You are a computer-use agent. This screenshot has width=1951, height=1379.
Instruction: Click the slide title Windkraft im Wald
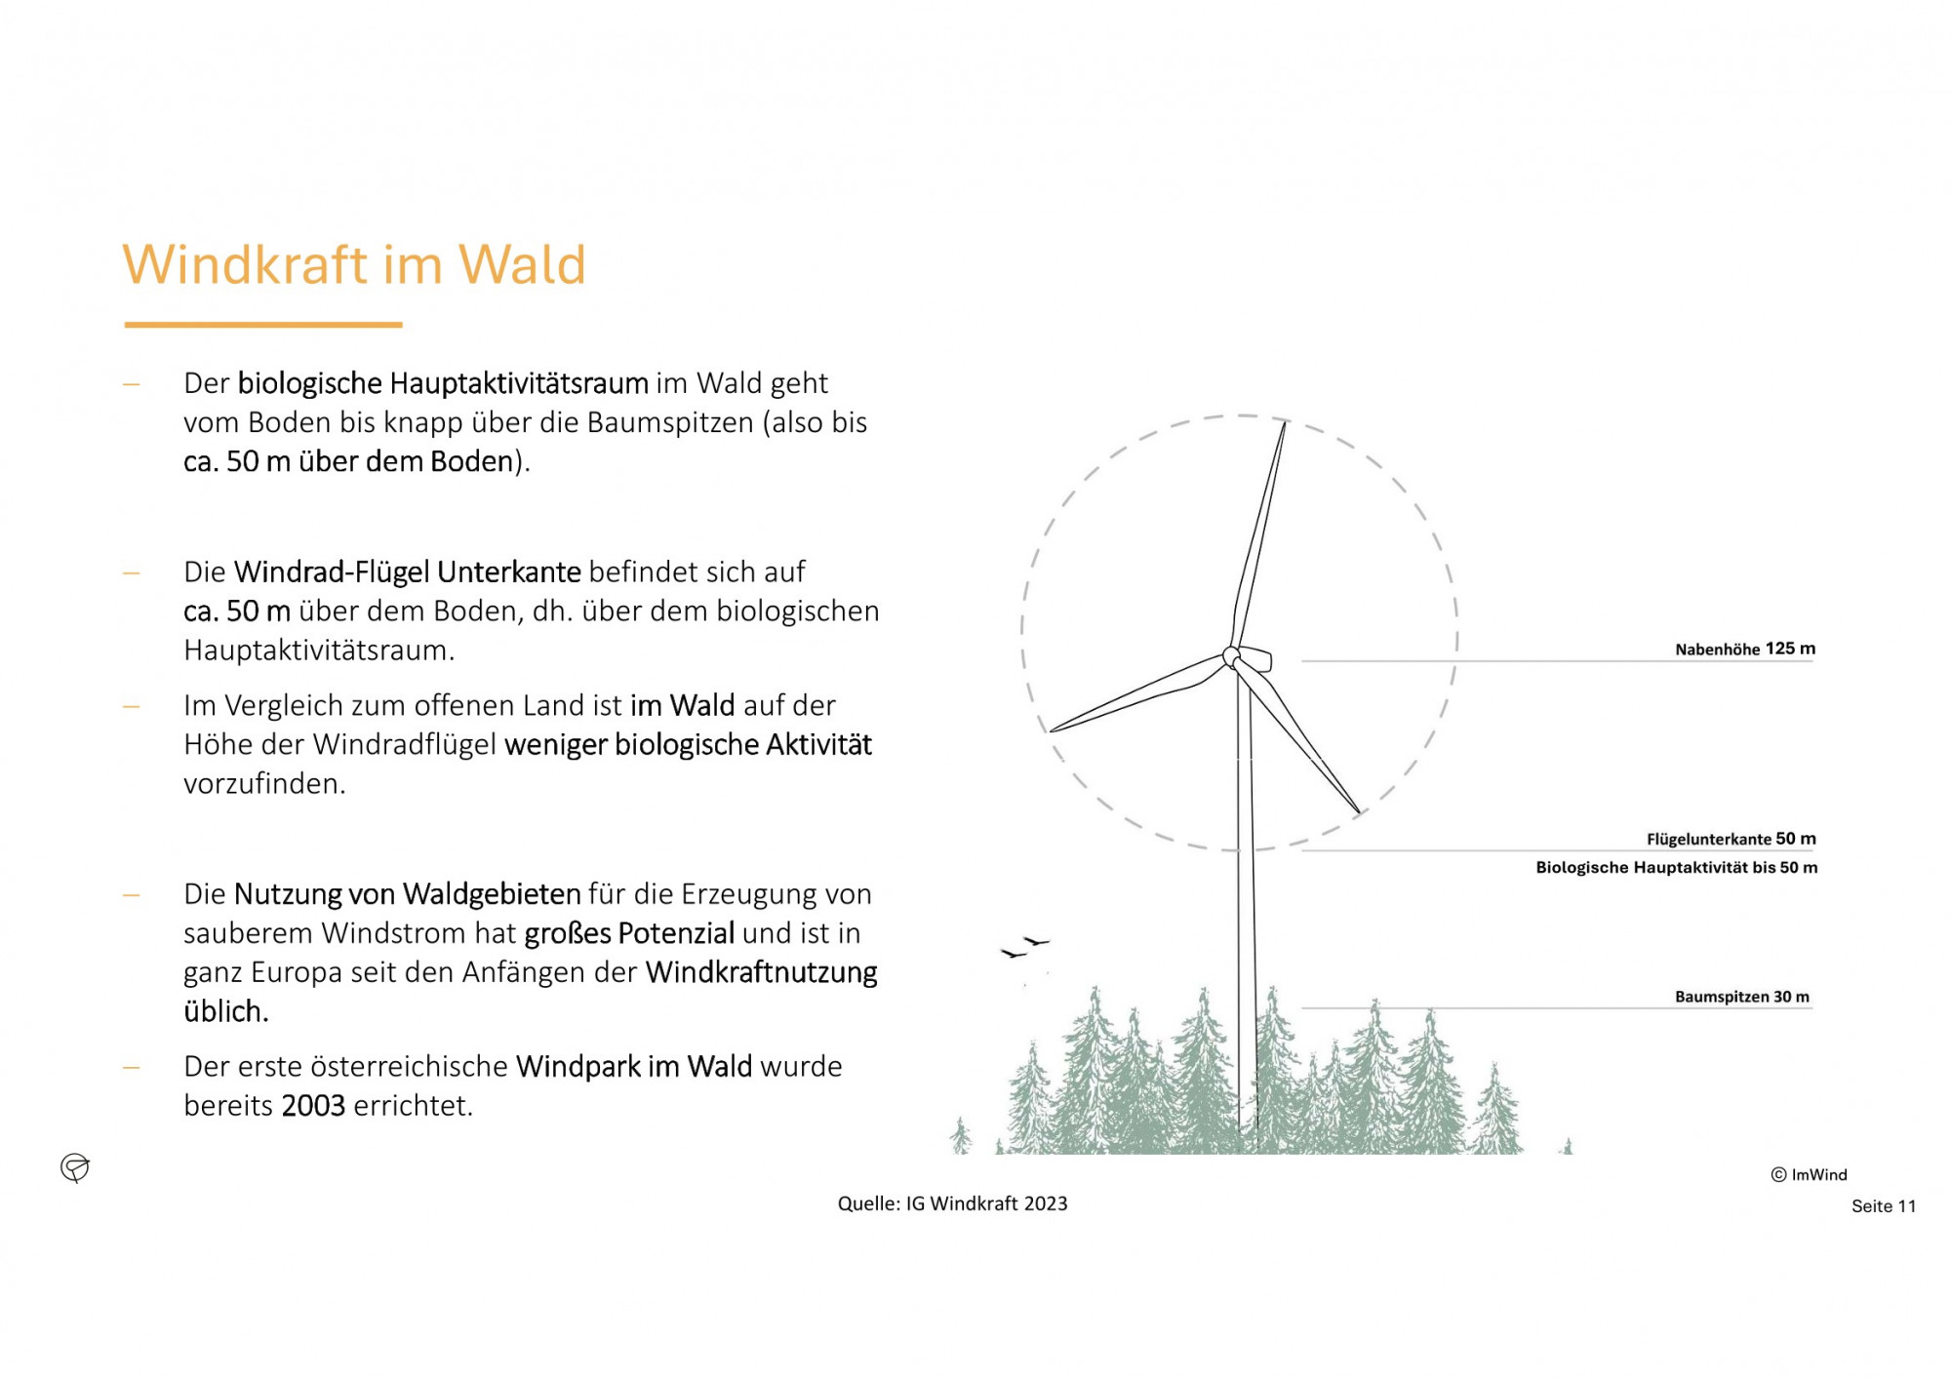354,264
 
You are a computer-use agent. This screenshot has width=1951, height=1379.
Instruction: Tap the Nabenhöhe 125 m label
1745,650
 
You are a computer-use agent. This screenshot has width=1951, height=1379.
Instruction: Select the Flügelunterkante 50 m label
1732,839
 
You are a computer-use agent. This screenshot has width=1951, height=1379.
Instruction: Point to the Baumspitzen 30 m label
1742,997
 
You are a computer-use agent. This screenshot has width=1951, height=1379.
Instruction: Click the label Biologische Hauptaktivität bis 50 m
1677,868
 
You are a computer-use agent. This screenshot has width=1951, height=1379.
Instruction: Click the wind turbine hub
1233,657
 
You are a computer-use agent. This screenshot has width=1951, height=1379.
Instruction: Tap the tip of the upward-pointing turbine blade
1285,422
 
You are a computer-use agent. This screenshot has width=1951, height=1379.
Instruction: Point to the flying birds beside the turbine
1025,946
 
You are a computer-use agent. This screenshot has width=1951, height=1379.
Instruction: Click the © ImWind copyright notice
1810,1175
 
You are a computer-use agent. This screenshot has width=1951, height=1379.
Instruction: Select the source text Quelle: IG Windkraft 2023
952,1204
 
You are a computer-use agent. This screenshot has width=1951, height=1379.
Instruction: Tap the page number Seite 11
1884,1206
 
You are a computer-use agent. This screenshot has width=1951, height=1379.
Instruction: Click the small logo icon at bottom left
75,1167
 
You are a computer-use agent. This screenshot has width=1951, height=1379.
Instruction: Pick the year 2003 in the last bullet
313,1106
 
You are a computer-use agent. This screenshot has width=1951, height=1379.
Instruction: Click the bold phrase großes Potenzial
629,934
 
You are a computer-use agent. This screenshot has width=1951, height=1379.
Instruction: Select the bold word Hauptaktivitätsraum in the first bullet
519,383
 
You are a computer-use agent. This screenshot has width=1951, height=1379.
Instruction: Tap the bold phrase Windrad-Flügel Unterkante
408,572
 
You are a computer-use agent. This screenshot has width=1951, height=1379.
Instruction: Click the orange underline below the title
263,325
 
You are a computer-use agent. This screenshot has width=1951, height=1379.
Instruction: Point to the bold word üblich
226,1011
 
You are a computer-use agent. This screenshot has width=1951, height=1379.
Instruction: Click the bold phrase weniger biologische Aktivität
689,745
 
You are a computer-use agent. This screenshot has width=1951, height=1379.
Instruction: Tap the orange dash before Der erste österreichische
132,1068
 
